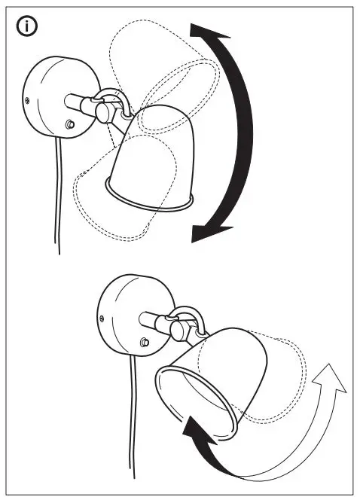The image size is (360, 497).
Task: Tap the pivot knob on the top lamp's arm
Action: pyautogui.click(x=104, y=111)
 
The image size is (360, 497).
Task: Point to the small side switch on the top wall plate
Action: pyautogui.click(x=70, y=123)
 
